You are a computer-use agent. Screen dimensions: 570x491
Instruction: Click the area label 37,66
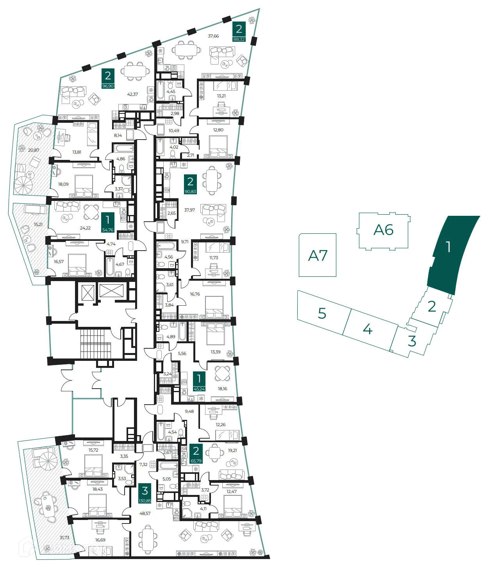click(213, 36)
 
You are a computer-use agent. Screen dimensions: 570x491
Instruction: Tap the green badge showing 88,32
click(239, 32)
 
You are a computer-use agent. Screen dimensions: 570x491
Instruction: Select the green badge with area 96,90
click(108, 79)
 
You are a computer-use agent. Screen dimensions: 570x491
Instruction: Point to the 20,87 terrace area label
click(34, 150)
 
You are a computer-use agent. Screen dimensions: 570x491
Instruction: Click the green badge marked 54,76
click(107, 223)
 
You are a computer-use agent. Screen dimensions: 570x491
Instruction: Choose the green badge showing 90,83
click(190, 185)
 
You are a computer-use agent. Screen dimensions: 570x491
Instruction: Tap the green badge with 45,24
click(199, 382)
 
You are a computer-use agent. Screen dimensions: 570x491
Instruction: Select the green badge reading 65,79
click(196, 454)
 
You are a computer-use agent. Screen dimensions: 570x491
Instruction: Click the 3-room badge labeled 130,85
click(145, 493)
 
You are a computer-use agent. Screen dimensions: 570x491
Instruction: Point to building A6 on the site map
click(383, 230)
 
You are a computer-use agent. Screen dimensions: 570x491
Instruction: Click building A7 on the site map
click(318, 255)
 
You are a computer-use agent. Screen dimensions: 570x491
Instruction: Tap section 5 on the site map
click(322, 313)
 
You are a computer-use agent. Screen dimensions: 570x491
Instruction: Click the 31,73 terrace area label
click(64, 538)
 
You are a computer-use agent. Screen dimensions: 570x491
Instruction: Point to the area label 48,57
click(145, 513)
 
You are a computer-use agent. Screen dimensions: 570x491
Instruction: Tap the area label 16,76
click(195, 294)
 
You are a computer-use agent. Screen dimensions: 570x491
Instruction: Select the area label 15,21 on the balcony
click(38, 224)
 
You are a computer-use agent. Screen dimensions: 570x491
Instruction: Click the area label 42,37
click(132, 94)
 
